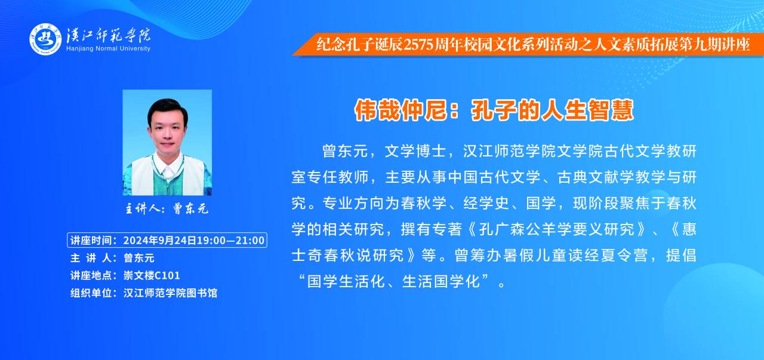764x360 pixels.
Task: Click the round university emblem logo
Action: pyautogui.click(x=45, y=39)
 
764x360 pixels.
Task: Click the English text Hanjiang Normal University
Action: pyautogui.click(x=108, y=48)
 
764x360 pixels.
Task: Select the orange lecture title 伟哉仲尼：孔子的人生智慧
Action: pyautogui.click(x=494, y=110)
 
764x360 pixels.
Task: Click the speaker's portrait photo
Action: pyautogui.click(x=167, y=143)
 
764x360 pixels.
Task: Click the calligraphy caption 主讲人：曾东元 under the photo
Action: pyautogui.click(x=167, y=208)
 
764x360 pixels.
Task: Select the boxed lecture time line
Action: pyautogui.click(x=167, y=240)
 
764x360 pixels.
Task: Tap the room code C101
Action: pyautogui.click(x=165, y=275)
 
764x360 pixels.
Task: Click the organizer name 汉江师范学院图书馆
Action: pyautogui.click(x=170, y=293)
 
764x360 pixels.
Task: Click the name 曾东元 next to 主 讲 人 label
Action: pyautogui.click(x=139, y=258)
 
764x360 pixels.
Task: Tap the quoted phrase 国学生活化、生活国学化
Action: pyautogui.click(x=393, y=282)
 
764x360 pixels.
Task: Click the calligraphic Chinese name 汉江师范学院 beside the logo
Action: pyautogui.click(x=109, y=35)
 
